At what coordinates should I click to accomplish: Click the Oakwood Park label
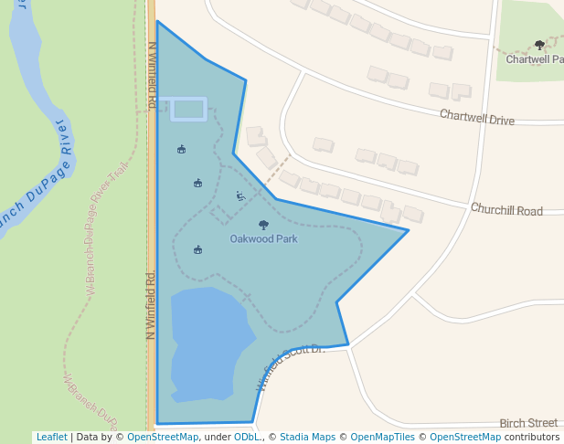(263, 239)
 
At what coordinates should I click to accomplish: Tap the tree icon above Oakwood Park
(264, 225)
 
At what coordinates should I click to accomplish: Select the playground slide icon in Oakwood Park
(240, 196)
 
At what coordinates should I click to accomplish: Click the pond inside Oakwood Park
(208, 343)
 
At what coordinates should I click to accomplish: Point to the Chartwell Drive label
(476, 118)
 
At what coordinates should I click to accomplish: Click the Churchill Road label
(506, 210)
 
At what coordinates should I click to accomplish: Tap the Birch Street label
(528, 423)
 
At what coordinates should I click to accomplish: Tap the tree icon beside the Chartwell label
(539, 45)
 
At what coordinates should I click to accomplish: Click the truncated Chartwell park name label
(535, 59)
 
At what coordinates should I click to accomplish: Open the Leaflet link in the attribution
(51, 437)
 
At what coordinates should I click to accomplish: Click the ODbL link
(247, 437)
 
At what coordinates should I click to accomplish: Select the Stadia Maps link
(307, 437)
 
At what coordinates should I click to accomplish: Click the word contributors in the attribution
(531, 437)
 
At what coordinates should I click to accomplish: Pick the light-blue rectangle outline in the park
(188, 109)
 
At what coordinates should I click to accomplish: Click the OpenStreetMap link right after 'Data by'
(162, 437)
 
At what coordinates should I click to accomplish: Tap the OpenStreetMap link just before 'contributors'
(464, 437)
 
